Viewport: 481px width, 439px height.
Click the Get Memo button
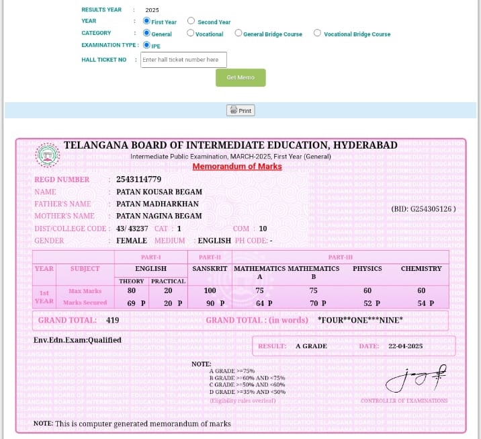point(240,77)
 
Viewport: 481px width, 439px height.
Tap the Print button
point(240,111)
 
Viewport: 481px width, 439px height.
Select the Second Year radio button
point(191,22)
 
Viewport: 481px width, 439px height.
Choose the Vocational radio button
point(191,33)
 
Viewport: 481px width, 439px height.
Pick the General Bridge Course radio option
point(238,33)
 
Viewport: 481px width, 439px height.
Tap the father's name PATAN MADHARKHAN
point(157,204)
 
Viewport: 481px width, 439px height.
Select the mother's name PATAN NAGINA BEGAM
point(159,216)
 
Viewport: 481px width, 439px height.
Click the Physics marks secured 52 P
point(363,303)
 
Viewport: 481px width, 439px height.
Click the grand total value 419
point(112,320)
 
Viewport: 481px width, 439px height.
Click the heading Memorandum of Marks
point(237,166)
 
